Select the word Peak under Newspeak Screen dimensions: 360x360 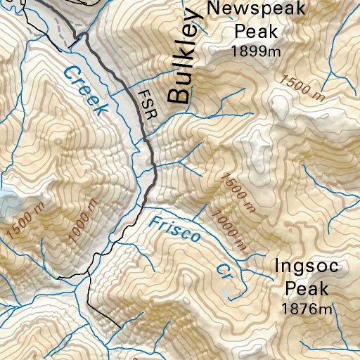point(257,31)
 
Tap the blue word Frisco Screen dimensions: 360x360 point(175,229)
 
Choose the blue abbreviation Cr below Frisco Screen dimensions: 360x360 point(224,271)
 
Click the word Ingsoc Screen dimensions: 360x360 point(307,267)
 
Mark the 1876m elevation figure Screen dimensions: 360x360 point(306,308)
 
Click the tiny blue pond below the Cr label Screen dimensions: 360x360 point(225,292)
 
